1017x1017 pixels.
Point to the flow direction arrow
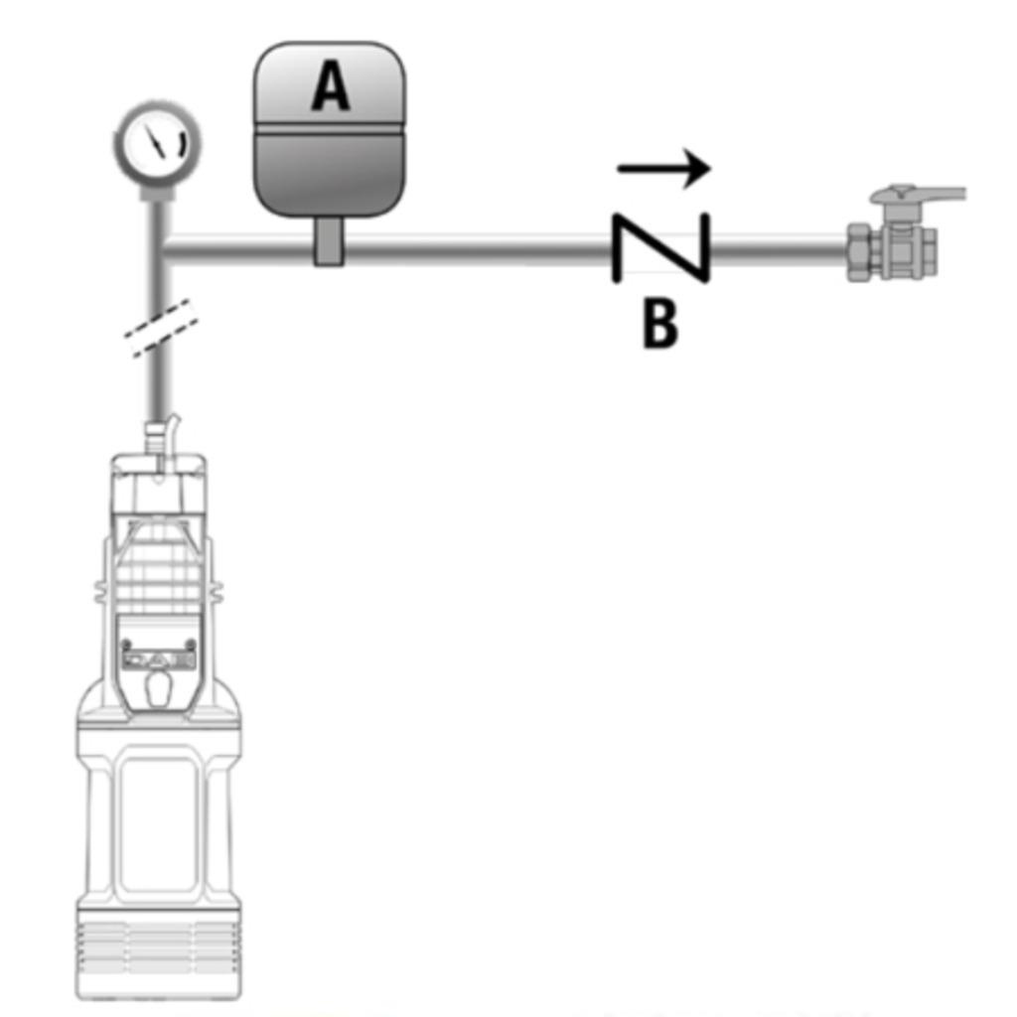point(663,169)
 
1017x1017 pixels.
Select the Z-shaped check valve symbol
point(660,248)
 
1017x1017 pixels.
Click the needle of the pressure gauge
point(156,140)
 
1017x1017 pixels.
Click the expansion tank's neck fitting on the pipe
point(328,241)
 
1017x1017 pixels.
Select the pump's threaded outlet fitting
point(155,439)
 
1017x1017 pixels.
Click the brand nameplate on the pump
point(160,660)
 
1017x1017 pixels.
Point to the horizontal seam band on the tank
point(330,129)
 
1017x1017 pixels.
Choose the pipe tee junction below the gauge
point(159,249)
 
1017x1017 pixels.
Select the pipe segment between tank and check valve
point(478,249)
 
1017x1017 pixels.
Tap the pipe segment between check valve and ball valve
point(779,249)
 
